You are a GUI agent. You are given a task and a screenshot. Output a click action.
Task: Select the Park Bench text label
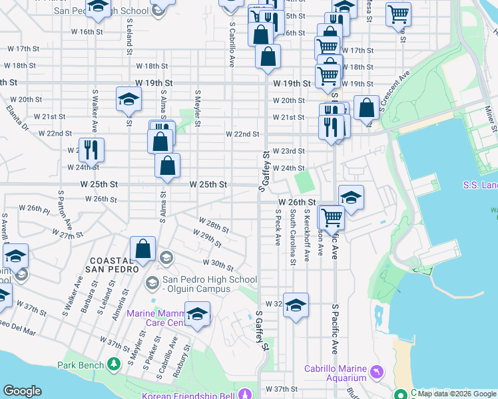(x=80, y=364)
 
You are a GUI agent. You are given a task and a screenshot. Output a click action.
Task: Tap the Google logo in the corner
(x=22, y=391)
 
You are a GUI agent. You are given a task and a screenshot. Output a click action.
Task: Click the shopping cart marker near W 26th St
(x=331, y=216)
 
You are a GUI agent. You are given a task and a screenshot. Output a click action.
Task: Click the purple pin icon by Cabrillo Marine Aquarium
(x=377, y=370)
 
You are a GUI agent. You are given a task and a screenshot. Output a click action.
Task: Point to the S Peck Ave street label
(x=278, y=227)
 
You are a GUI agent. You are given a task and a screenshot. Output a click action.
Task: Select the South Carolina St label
(x=292, y=236)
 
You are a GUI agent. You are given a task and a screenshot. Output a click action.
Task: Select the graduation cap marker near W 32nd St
(x=296, y=305)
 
